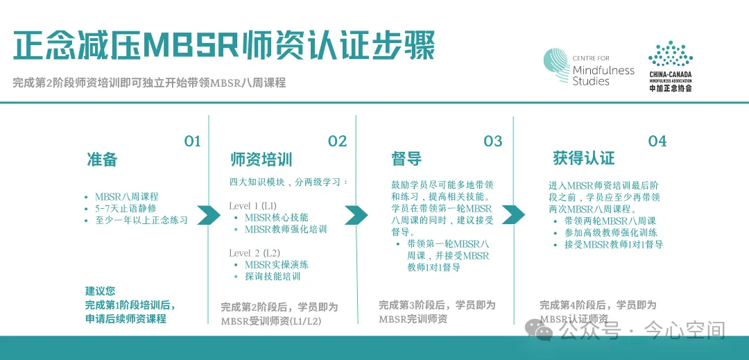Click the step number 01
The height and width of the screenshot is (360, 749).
[192, 142]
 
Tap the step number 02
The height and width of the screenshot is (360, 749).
[337, 142]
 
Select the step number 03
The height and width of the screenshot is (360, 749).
[492, 142]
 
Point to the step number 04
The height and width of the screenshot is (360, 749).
[657, 142]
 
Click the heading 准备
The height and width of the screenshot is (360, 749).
[102, 159]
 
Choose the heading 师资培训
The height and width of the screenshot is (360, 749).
[261, 159]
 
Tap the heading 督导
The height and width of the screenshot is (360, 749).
[406, 159]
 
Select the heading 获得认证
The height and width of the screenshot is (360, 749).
[583, 157]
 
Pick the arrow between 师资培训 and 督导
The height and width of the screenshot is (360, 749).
[356, 215]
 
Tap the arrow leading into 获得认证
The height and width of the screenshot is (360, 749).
[513, 215]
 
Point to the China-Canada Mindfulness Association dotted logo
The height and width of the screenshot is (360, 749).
[670, 55]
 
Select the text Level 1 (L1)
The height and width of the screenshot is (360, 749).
[252, 206]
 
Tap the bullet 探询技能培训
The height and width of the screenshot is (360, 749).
[273, 276]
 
